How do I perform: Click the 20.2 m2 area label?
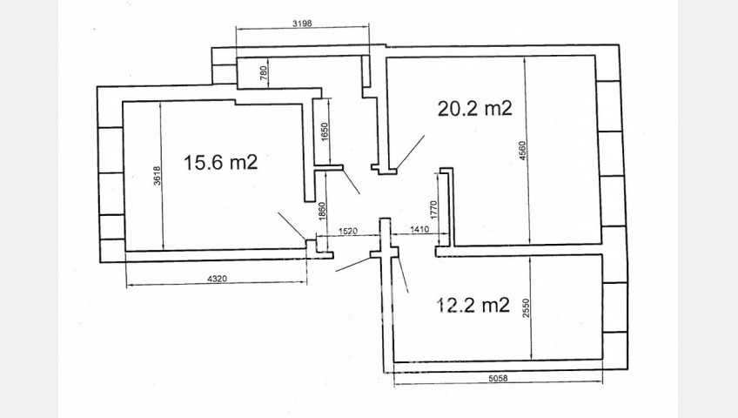(474, 109)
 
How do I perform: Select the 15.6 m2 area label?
(221, 163)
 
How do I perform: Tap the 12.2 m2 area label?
(473, 305)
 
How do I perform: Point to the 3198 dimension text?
(302, 23)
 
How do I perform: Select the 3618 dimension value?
(158, 176)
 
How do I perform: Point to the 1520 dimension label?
(348, 231)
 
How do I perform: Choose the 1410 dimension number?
(419, 230)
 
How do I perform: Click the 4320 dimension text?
(217, 279)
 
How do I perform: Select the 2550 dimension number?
(526, 308)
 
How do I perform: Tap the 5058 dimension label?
(499, 378)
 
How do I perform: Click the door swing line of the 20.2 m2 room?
(411, 152)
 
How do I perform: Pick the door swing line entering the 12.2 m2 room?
(403, 275)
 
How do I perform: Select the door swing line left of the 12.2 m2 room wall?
(353, 265)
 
